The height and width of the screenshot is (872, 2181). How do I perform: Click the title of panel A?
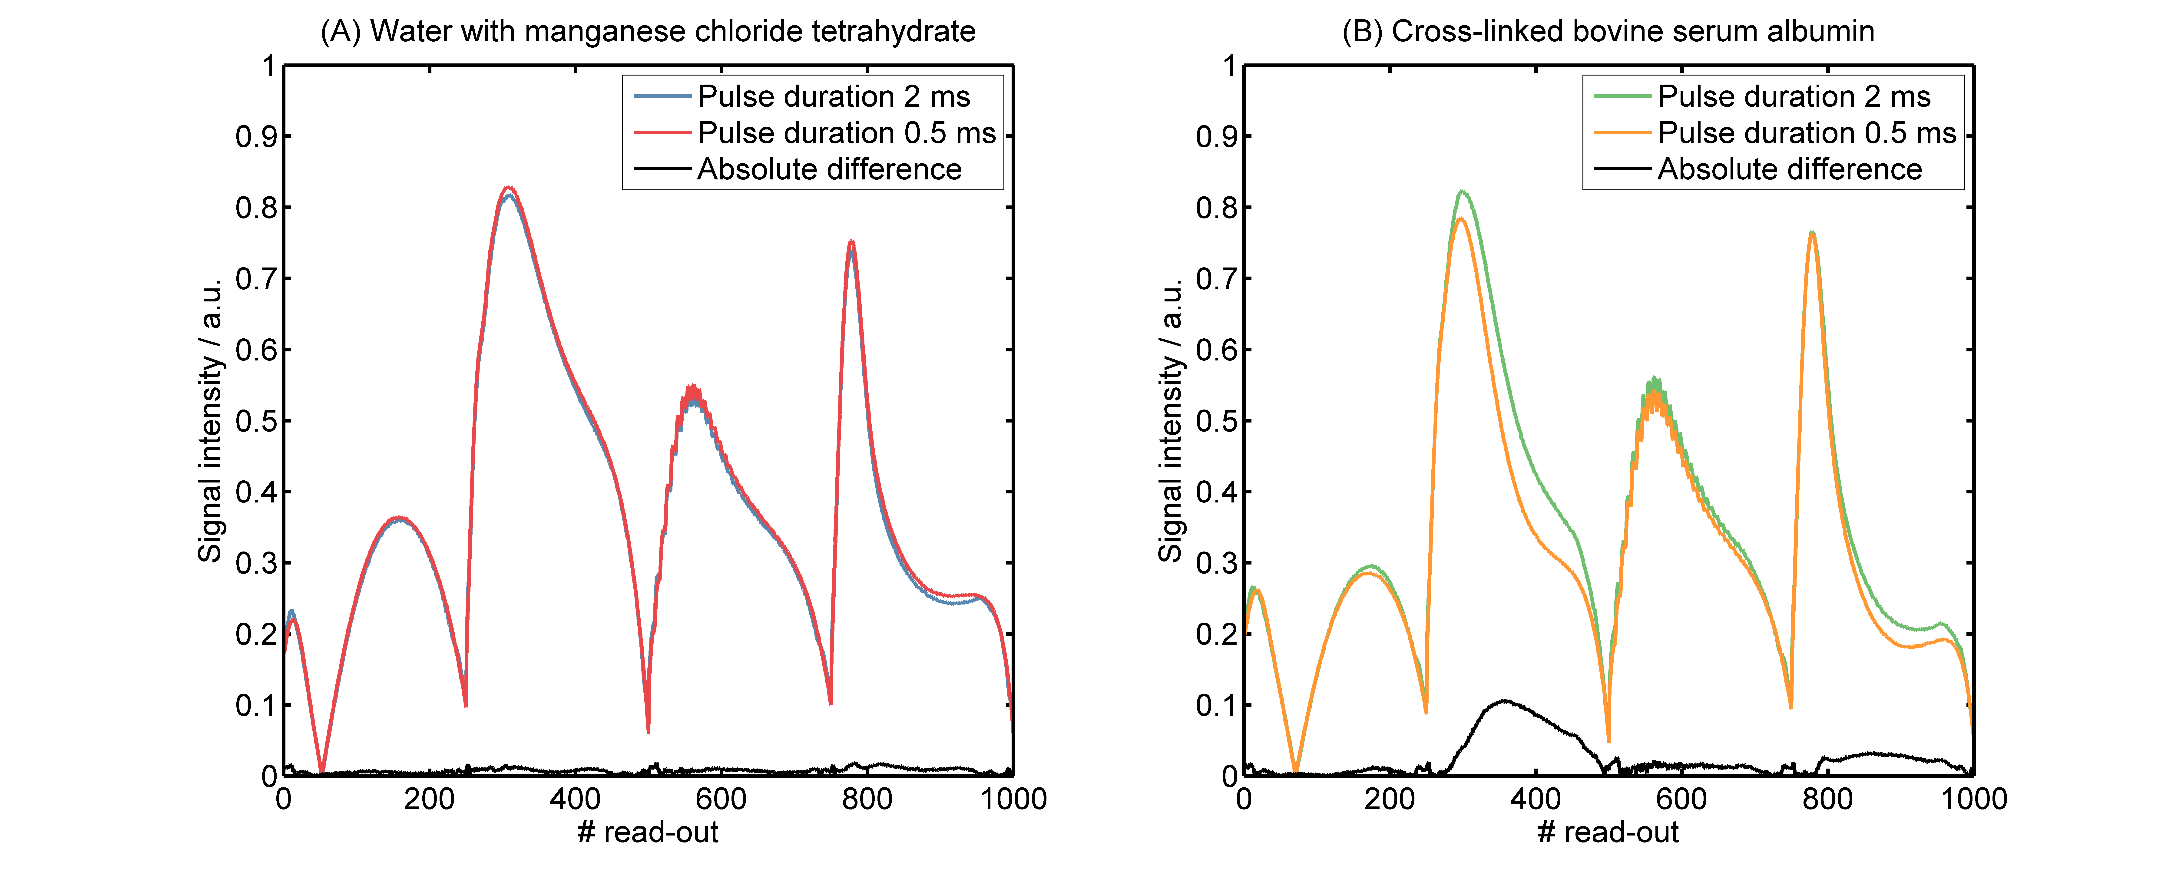[648, 31]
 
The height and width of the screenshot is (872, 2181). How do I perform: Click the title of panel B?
[1608, 31]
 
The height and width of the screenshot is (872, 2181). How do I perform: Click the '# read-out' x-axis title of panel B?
[1608, 832]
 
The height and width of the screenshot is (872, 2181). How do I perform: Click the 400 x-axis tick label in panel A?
[575, 798]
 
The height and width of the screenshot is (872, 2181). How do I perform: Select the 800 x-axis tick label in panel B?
[1827, 798]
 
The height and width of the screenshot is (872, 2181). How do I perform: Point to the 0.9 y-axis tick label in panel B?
[1217, 136]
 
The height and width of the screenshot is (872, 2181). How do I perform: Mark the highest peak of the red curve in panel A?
[509, 188]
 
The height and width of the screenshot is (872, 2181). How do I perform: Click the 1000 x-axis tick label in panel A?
[1013, 798]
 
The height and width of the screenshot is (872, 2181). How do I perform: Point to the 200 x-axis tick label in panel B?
[1389, 798]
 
